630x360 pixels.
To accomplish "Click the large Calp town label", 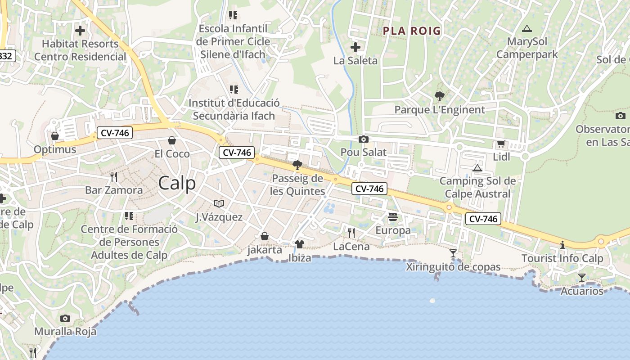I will click(177, 184).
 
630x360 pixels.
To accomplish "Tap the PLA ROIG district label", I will click(412, 31).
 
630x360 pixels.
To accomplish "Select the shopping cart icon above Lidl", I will click(501, 144).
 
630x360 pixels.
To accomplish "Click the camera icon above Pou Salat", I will click(363, 139).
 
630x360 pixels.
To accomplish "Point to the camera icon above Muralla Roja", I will click(65, 319).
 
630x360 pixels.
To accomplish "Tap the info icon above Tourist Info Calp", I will click(562, 245).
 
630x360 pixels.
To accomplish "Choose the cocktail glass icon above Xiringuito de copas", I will click(453, 253).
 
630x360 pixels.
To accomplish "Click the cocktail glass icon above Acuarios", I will click(582, 278).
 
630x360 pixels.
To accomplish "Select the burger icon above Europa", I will click(393, 217).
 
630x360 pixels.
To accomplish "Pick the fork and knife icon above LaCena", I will click(351, 233).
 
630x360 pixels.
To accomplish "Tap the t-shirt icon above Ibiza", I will click(299, 244).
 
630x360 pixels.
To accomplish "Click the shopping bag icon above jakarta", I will click(265, 237).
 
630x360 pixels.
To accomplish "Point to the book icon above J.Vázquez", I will click(219, 204).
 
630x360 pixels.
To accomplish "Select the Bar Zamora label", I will click(114, 190).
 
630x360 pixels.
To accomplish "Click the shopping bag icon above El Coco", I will click(171, 140).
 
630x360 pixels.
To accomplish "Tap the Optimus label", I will click(55, 149).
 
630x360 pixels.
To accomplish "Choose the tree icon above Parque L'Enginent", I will click(440, 96).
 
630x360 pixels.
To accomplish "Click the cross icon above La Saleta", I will click(355, 47).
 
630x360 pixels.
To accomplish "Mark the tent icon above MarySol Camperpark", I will click(526, 29).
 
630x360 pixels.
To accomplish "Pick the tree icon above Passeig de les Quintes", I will click(297, 165).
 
